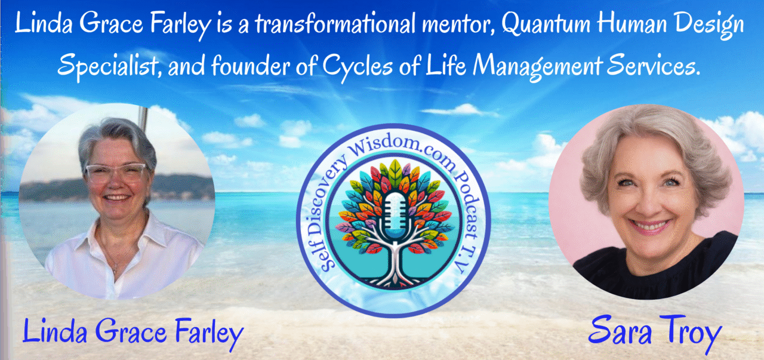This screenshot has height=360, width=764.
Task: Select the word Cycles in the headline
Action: coord(358,66)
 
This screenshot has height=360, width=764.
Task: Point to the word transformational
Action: coord(335,24)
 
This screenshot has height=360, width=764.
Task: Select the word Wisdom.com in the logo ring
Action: coord(403,150)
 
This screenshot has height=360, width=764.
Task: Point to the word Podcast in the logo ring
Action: coord(469,201)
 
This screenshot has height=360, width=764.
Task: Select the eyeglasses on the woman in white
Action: coord(116,173)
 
